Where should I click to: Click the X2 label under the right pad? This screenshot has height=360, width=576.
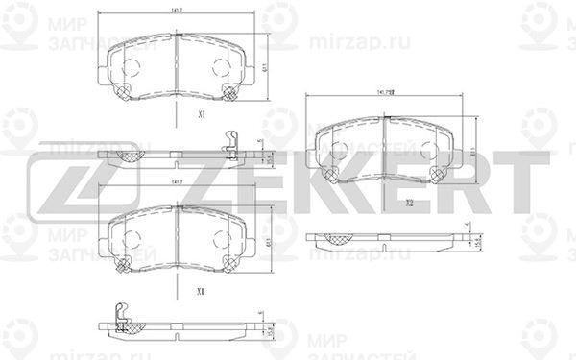tap(408, 203)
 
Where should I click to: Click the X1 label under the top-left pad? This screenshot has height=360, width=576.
tap(201, 113)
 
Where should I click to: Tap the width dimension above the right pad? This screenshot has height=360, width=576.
tap(387, 93)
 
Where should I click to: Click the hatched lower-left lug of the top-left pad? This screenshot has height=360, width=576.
tap(122, 92)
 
